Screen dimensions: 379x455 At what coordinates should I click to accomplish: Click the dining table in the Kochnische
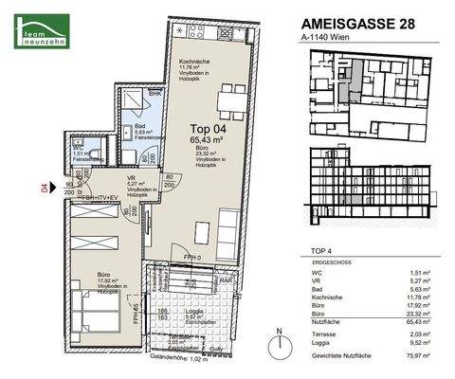[x=228, y=97]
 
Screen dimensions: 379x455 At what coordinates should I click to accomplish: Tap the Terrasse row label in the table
[x=325, y=332]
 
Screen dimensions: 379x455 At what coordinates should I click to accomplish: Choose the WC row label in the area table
[x=318, y=270]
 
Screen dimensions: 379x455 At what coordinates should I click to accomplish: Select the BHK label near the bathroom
[x=155, y=95]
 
